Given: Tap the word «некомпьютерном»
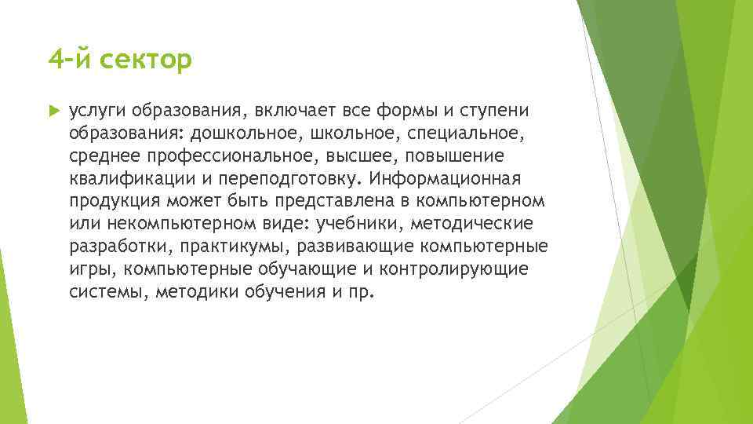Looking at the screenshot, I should coord(168,224).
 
